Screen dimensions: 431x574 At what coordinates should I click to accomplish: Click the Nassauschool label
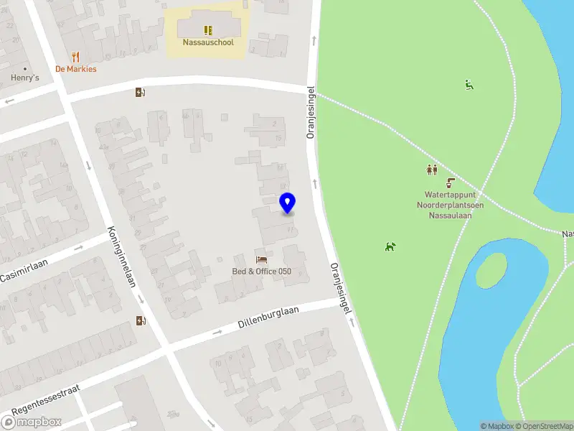click(208, 42)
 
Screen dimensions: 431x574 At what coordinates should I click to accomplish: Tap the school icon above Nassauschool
click(208, 30)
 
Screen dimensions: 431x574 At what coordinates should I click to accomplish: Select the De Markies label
click(76, 69)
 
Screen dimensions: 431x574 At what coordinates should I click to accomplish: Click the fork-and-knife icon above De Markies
click(76, 57)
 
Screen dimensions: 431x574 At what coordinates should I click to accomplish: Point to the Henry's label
click(24, 78)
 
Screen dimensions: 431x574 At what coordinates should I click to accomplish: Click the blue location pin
click(287, 203)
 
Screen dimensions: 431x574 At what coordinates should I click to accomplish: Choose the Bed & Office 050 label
click(261, 272)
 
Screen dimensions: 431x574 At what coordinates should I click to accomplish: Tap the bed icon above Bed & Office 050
click(261, 259)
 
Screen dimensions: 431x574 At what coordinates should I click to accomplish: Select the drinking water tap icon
click(451, 183)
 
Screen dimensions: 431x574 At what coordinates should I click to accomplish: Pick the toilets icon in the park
click(432, 170)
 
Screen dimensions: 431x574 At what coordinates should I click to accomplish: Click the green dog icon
click(390, 247)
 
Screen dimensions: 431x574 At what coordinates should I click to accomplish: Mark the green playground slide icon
click(469, 85)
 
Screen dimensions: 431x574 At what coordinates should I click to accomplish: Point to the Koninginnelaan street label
click(121, 256)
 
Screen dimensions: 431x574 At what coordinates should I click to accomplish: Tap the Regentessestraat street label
click(45, 399)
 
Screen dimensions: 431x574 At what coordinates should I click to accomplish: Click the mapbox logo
click(32, 422)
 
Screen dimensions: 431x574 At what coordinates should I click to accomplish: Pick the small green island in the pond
click(490, 270)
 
